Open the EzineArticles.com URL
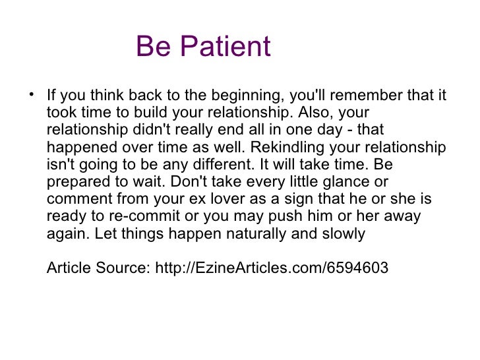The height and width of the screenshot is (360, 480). [272, 268]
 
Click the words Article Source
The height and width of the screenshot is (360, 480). [99, 268]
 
